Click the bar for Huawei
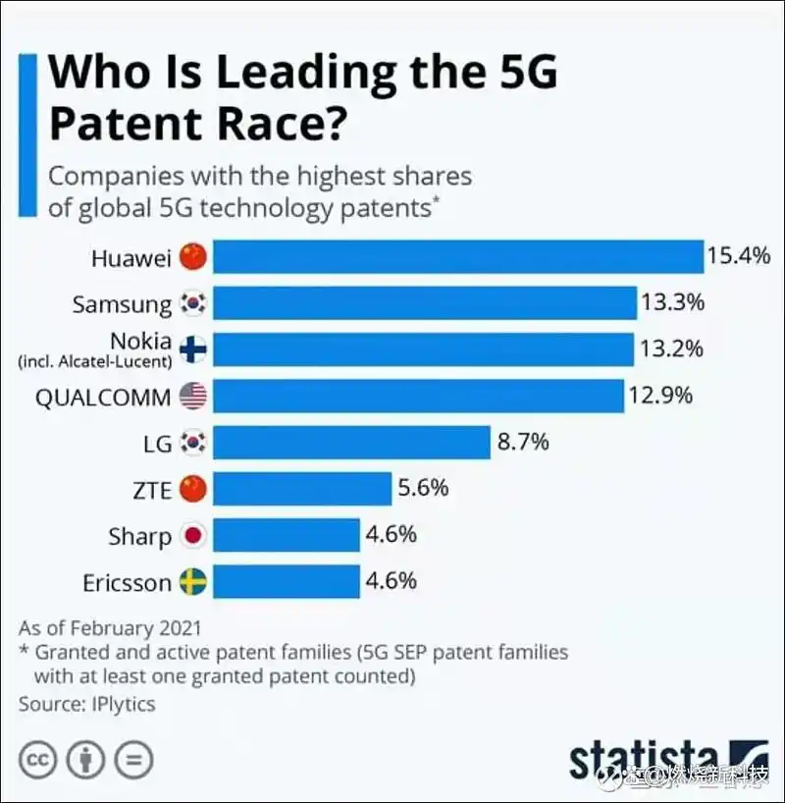(x=457, y=257)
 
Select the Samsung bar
(x=424, y=303)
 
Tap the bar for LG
(x=351, y=443)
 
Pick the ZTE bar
(x=302, y=489)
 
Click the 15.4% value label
(x=739, y=257)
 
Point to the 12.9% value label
(x=661, y=395)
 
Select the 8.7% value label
(x=523, y=442)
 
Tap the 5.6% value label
(x=423, y=488)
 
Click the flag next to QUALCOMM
(x=194, y=396)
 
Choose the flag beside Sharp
(x=194, y=536)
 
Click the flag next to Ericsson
(x=194, y=582)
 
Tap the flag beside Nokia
(x=194, y=348)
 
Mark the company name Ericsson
(x=127, y=582)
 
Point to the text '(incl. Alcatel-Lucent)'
(x=95, y=362)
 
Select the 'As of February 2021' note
(x=109, y=627)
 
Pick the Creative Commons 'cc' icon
(x=38, y=760)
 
